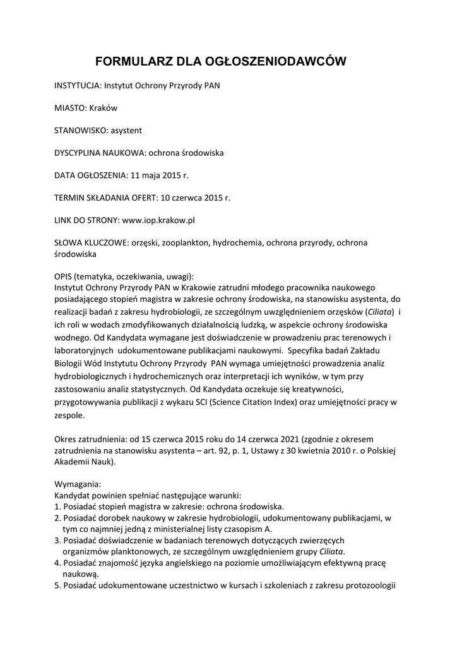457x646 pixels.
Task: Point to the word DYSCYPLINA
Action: [x=79, y=153]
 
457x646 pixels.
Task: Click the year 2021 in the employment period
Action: [x=290, y=438]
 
